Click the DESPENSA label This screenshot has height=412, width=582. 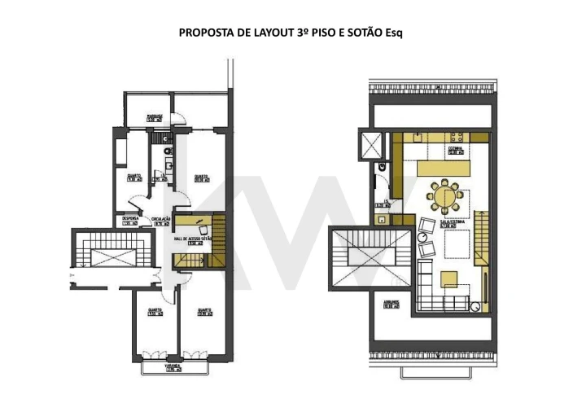130,219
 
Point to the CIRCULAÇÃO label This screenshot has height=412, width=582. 160,219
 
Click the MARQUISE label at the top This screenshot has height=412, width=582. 155,117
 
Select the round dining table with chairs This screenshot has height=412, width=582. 445,197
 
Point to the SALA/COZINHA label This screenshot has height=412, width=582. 453,222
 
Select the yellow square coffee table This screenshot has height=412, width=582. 449,278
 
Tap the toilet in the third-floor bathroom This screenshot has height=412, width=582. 167,151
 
